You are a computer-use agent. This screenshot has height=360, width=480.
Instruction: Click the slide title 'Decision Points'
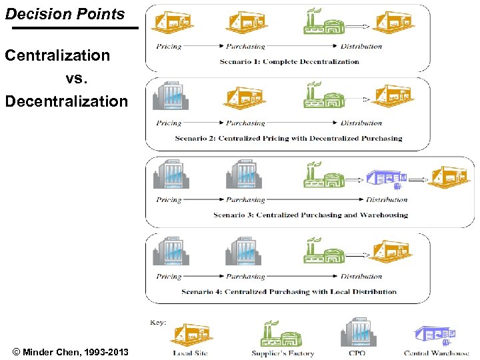[x=65, y=13]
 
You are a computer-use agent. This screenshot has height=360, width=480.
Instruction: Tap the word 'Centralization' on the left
[x=57, y=55]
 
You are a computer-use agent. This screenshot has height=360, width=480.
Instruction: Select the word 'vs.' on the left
[x=77, y=79]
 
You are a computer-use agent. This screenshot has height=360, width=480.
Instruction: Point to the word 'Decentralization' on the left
[x=66, y=101]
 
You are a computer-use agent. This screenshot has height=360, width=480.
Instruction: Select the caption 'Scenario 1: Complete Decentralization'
[x=289, y=62]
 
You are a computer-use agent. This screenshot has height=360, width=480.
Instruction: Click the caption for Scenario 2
[x=289, y=139]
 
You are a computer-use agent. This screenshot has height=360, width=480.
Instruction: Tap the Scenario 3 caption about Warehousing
[x=310, y=215]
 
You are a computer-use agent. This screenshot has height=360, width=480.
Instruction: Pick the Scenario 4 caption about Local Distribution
[x=289, y=291]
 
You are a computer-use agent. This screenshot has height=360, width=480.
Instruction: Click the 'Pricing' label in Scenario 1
[x=169, y=47]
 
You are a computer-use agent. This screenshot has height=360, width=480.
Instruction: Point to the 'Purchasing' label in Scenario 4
[x=245, y=276]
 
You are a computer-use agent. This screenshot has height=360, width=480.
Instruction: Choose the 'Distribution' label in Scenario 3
[x=387, y=199]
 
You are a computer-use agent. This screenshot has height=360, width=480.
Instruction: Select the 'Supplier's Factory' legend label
[x=283, y=353]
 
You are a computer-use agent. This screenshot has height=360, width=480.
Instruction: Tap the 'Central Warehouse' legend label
[x=436, y=353]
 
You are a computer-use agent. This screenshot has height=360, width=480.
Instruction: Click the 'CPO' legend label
[x=357, y=353]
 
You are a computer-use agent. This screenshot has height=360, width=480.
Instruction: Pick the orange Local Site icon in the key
[x=192, y=335]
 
